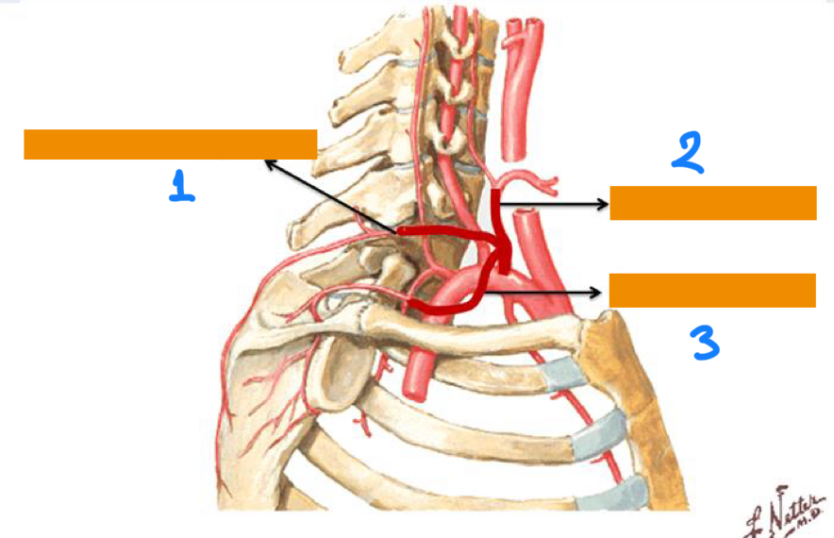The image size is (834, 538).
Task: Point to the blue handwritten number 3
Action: click(x=705, y=343)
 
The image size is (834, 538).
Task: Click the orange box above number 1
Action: click(x=170, y=144)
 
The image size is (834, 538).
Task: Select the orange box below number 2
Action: click(x=712, y=203)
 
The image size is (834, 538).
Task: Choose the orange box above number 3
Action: click(x=711, y=290)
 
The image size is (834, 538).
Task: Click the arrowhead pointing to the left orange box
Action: click(x=270, y=163)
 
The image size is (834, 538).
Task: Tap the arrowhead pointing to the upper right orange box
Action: click(x=604, y=203)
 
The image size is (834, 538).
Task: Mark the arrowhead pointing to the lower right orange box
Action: click(x=598, y=293)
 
